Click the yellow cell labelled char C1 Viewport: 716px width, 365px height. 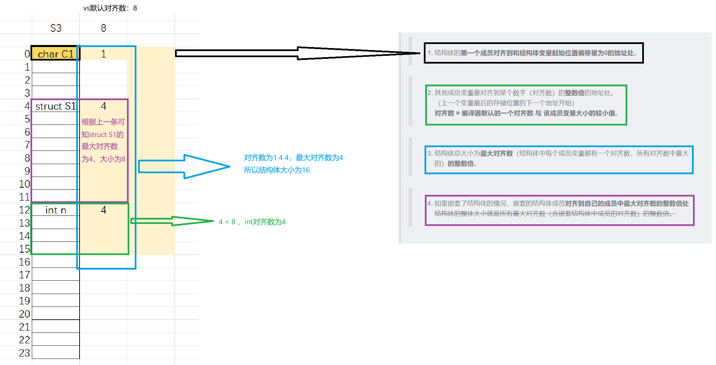56,54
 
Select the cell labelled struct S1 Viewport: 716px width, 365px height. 56,106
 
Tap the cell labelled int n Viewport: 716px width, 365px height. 56,210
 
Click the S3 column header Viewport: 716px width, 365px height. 56,28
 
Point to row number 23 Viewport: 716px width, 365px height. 24,353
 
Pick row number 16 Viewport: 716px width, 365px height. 24,262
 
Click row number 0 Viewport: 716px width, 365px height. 27,54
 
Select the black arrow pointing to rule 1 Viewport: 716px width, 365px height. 298,53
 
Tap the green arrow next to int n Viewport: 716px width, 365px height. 173,221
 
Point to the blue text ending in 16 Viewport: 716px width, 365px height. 277,170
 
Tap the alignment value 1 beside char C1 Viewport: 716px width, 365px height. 103,54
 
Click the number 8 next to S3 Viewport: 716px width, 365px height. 103,28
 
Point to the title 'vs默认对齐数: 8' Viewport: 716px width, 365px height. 110,8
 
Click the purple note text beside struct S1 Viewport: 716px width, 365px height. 103,140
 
